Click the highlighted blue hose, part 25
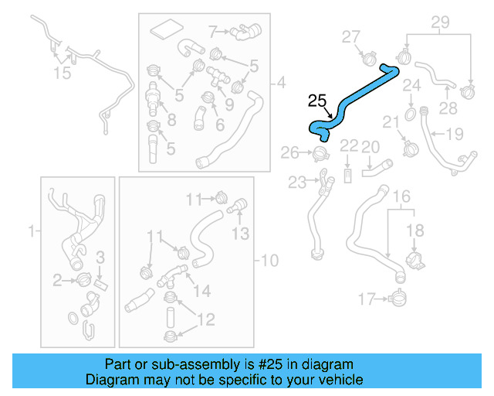[354, 101]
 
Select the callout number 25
[317, 101]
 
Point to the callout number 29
[439, 23]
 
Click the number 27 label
[351, 36]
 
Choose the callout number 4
[280, 82]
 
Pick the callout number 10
[269, 261]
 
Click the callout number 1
[32, 230]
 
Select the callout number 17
[366, 297]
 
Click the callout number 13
[240, 232]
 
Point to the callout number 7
[214, 32]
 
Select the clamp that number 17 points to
[399, 296]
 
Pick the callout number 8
[171, 119]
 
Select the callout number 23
[297, 183]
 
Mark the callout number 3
[100, 257]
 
